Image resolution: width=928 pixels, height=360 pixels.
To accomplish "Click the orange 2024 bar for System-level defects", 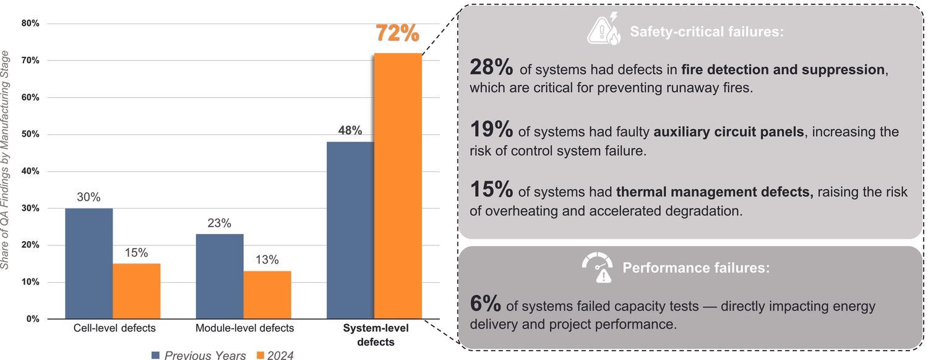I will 398,186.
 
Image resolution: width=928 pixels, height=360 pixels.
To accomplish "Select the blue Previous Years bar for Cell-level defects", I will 88,264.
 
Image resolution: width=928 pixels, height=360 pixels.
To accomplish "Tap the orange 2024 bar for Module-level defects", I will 267,295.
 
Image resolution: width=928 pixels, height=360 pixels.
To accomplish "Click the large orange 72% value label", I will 398,33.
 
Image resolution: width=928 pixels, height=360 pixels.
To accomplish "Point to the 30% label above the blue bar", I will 88,197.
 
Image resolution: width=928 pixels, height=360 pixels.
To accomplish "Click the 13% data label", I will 267,259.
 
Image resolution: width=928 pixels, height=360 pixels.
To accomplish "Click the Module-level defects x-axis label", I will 244,328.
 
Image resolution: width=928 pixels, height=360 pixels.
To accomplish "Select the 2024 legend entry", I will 275,355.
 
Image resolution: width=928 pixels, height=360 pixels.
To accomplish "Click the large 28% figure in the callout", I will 491,69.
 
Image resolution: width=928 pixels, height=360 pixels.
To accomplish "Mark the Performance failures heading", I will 695,268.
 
